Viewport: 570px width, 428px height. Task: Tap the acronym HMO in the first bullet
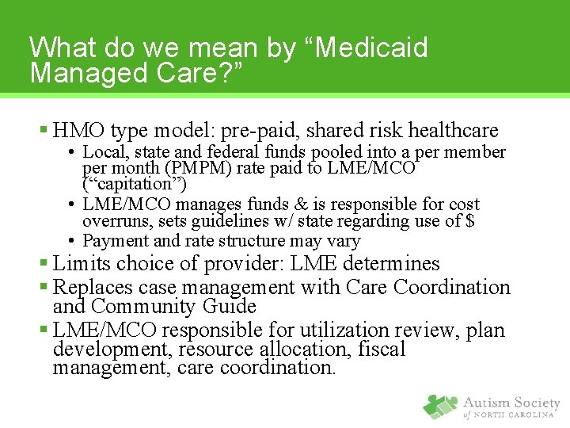[80, 130]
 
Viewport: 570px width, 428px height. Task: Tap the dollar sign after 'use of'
[470, 222]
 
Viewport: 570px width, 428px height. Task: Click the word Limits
[83, 264]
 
